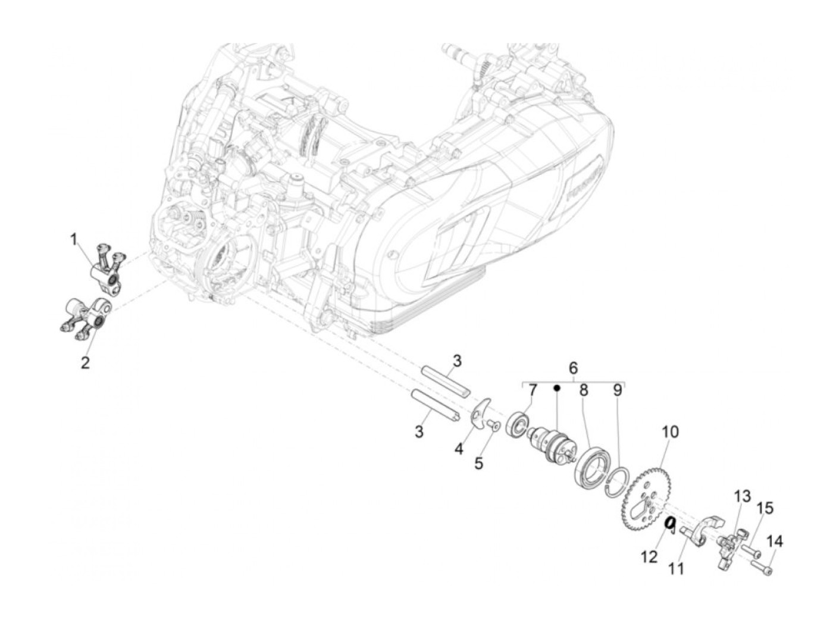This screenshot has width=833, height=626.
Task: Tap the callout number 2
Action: (x=85, y=362)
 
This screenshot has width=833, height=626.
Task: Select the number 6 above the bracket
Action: (x=573, y=368)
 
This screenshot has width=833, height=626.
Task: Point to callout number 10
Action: (x=670, y=432)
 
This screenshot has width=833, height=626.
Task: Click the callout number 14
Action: (x=775, y=542)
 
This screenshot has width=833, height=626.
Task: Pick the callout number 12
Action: (x=649, y=556)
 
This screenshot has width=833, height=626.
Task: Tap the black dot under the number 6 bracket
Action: (x=557, y=387)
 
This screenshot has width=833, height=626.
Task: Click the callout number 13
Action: (x=742, y=496)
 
